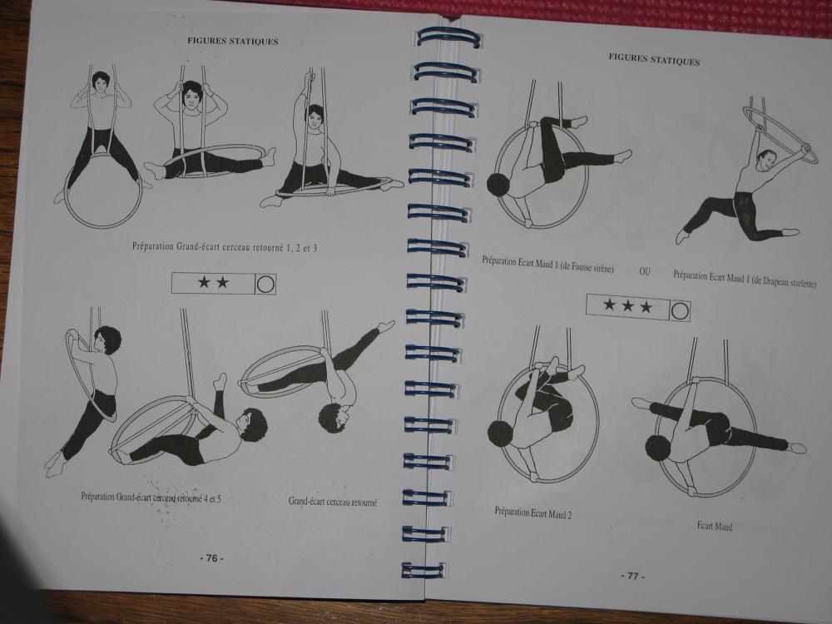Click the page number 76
211,558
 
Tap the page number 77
633,576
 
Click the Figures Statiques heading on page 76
232,41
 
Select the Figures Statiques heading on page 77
654,59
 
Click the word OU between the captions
645,271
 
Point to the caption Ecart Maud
714,526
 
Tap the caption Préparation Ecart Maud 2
532,513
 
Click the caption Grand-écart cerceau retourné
333,502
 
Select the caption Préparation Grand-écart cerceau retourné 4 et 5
151,498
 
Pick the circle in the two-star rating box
265,285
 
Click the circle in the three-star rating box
680,311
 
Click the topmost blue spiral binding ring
448,37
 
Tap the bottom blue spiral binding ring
424,570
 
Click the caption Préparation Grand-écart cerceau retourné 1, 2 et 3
225,247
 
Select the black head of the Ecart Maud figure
657,448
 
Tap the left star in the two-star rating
205,282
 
